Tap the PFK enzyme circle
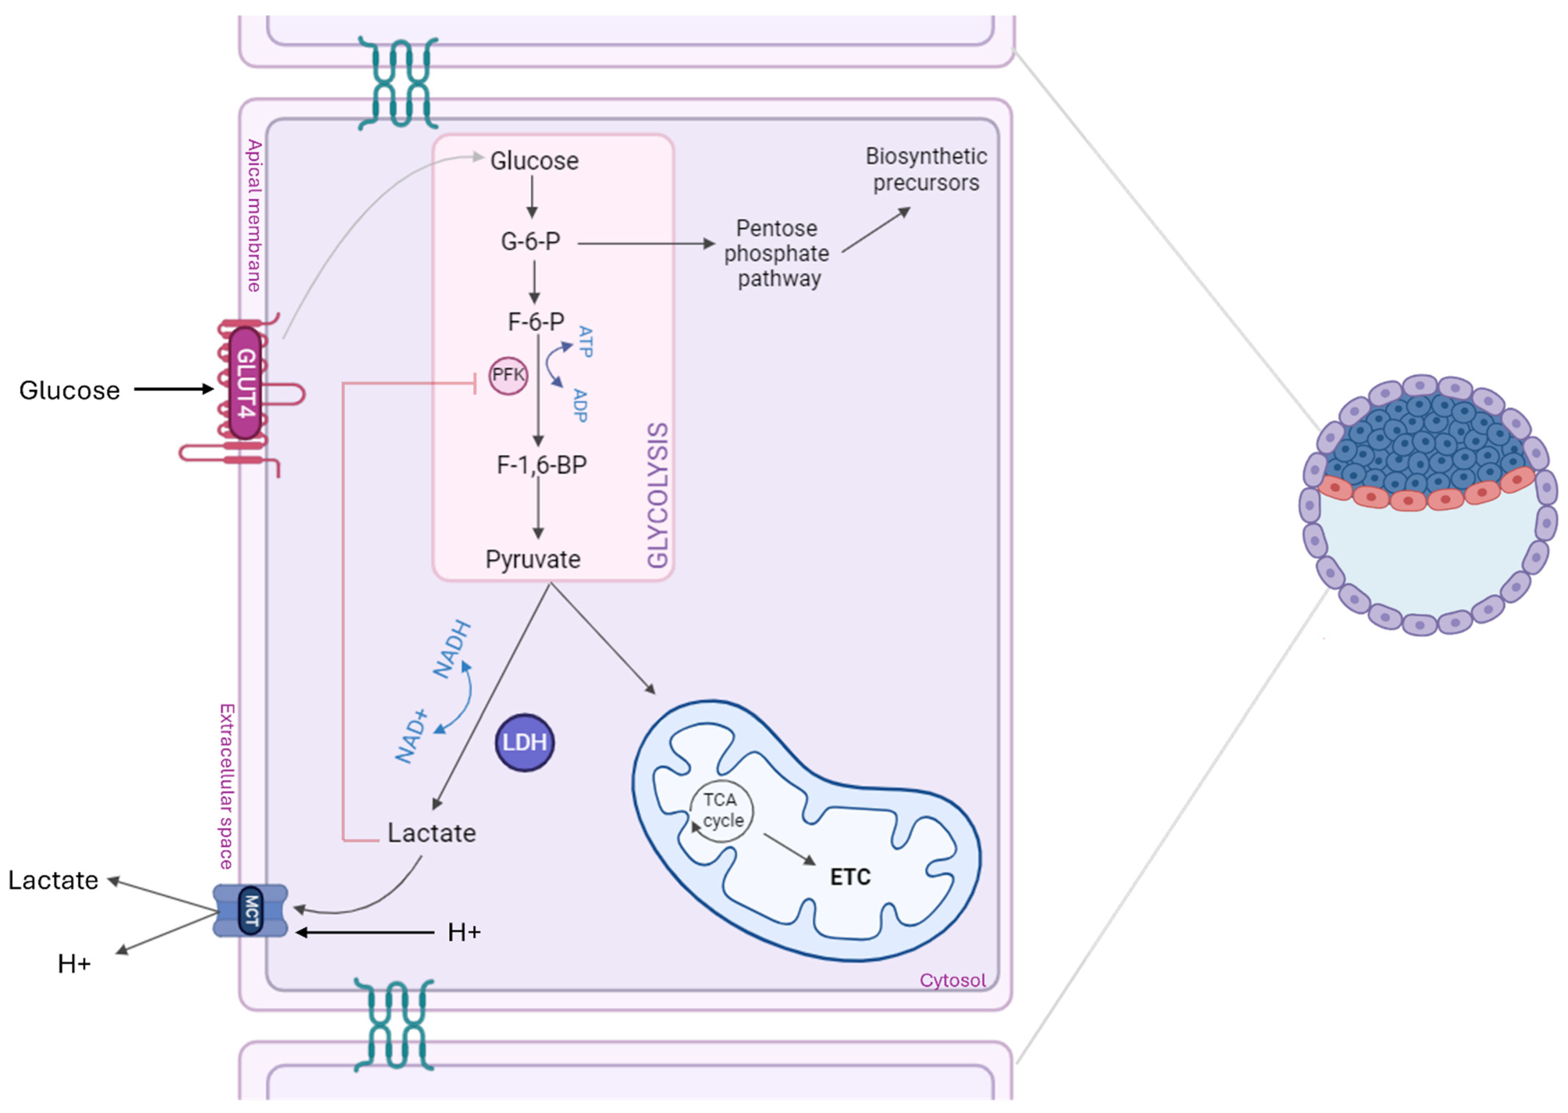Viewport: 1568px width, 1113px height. (508, 375)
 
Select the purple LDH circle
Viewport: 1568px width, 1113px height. (524, 742)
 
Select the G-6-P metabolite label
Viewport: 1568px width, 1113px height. (530, 241)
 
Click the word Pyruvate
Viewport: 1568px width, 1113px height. (533, 559)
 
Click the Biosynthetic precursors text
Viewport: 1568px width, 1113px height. (926, 169)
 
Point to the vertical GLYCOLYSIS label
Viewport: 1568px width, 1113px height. (657, 495)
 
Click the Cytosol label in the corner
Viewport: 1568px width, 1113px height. (952, 980)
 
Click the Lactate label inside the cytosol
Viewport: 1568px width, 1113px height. (432, 833)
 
